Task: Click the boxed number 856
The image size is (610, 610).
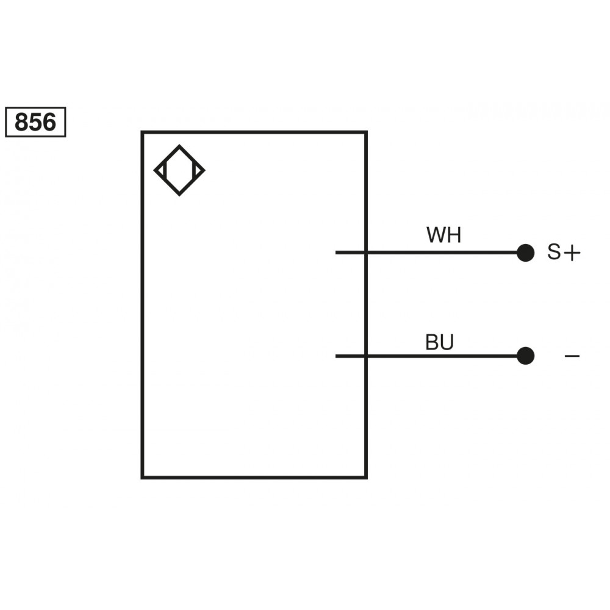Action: coord(35,122)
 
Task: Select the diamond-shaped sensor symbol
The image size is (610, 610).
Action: coord(179,170)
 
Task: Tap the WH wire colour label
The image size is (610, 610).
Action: coord(443,235)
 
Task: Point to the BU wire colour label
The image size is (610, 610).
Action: coord(440,343)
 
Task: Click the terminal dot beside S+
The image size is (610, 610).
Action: coord(525,253)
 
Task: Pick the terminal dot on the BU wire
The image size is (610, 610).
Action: coord(525,356)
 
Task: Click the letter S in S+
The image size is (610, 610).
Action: coord(553,253)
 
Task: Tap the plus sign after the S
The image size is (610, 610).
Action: coord(571,253)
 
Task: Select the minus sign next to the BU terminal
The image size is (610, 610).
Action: coord(572,355)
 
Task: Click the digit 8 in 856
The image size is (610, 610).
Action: coord(22,122)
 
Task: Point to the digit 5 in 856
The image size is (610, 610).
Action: coord(35,122)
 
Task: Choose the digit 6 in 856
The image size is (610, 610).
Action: coord(49,122)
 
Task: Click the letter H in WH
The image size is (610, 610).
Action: coord(454,235)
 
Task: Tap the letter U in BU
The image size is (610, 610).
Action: coord(447,343)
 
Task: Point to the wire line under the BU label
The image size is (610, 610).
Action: coord(439,356)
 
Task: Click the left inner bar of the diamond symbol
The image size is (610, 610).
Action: coord(165,170)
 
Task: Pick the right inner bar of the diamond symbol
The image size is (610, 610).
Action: coord(194,170)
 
